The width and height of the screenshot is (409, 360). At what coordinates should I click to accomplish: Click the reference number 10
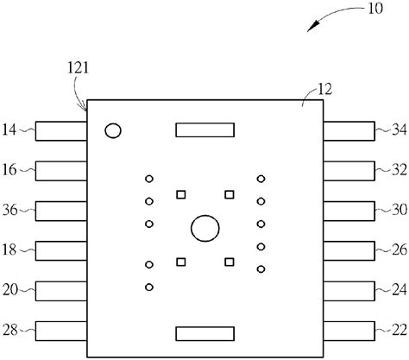tap(375, 9)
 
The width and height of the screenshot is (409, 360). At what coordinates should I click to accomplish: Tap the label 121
tap(79, 68)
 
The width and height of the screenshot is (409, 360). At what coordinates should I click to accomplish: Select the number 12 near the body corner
tap(324, 89)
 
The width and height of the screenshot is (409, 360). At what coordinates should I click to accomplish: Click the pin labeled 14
tap(61, 131)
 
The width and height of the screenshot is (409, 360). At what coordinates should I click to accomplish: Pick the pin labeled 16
tap(61, 171)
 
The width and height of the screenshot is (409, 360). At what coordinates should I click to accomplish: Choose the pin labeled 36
tap(61, 211)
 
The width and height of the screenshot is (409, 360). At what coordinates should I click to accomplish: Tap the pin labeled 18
tap(61, 251)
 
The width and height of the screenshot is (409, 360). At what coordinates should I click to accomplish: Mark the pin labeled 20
tap(61, 291)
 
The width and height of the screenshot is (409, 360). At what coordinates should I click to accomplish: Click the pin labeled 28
tap(61, 331)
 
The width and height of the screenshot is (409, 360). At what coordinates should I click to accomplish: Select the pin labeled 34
tap(349, 131)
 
